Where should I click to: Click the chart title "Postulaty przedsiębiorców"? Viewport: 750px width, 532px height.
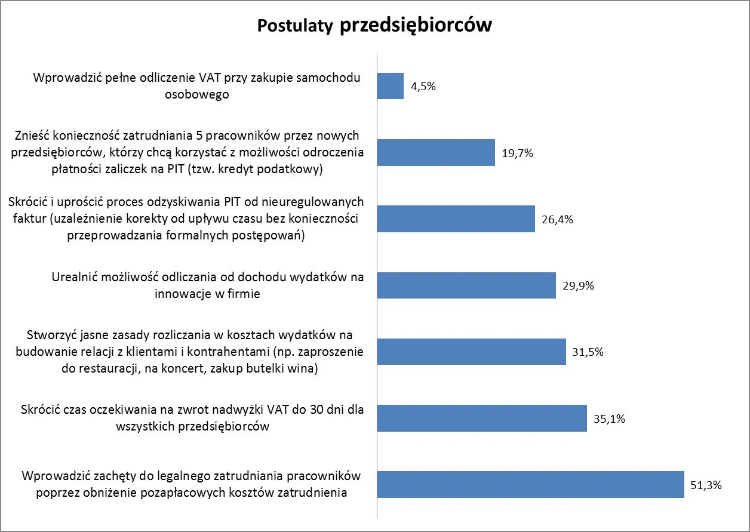(374, 26)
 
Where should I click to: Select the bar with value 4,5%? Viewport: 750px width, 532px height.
(391, 86)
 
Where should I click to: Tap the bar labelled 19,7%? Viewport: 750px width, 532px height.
(436, 152)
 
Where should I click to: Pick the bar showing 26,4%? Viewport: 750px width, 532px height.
(456, 219)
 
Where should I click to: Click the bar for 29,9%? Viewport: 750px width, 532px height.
(466, 285)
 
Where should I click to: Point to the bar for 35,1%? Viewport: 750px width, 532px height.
(482, 418)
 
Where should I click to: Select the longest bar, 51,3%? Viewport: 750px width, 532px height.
(530, 484)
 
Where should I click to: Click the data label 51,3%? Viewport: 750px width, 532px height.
(706, 485)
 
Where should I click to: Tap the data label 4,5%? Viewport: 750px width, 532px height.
(423, 87)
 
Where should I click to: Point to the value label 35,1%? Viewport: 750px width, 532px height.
(609, 419)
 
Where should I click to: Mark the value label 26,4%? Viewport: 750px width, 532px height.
(557, 219)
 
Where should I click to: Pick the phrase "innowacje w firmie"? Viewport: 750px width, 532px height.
(207, 294)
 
